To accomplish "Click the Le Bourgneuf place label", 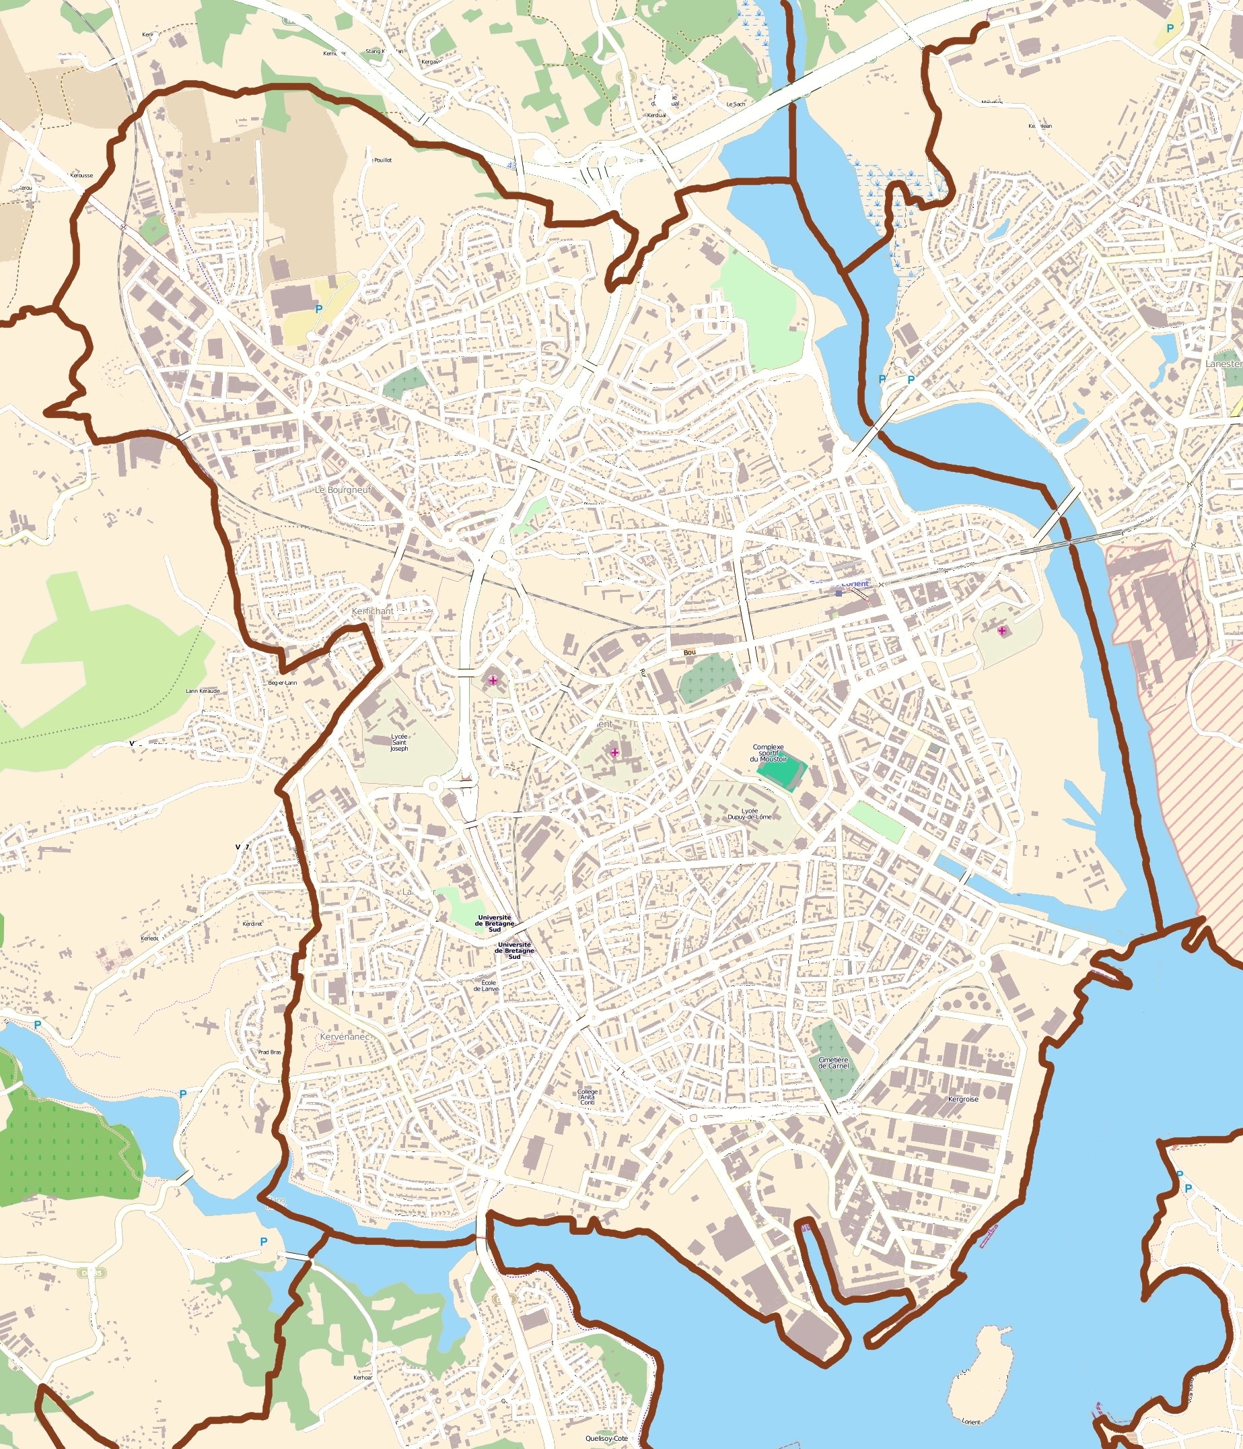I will click(343, 490).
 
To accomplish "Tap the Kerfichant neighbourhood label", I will click(373, 611).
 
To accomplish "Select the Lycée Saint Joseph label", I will click(399, 742).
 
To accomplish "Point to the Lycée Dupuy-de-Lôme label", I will click(750, 814).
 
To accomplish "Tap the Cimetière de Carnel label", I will click(833, 1063).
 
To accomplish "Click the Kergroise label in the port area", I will click(962, 1100).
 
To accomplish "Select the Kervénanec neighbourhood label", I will click(344, 1036).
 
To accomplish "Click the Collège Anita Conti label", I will click(588, 1098).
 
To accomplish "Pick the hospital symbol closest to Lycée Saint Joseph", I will click(493, 681).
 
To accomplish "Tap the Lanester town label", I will click(1223, 364).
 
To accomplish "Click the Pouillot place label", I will click(382, 160).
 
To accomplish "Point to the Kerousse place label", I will click(81, 176).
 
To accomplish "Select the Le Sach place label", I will click(736, 104).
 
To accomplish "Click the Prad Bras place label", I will click(269, 1052).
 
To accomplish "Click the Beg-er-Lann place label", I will click(283, 683).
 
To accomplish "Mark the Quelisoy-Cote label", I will click(606, 1438).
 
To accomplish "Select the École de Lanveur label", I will click(486, 985).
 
